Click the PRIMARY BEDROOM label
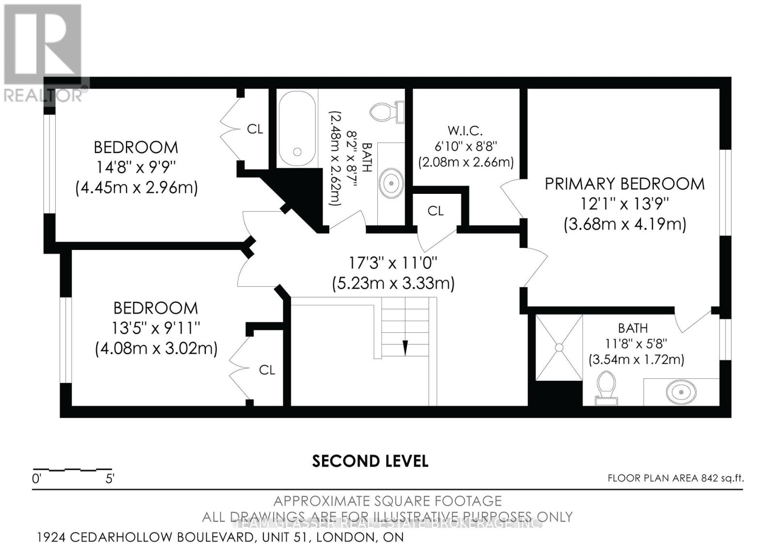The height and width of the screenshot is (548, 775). pyautogui.click(x=624, y=184)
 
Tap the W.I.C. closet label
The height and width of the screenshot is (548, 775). pyautogui.click(x=465, y=130)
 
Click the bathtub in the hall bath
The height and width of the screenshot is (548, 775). pyautogui.click(x=297, y=127)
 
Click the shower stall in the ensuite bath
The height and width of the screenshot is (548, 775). pyautogui.click(x=558, y=347)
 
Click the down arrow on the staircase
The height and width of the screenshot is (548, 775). pyautogui.click(x=405, y=347)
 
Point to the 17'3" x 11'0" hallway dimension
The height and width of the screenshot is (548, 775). pyautogui.click(x=393, y=263)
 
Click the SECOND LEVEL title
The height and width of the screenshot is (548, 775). pyautogui.click(x=370, y=461)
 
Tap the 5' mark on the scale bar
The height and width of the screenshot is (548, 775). pyautogui.click(x=110, y=479)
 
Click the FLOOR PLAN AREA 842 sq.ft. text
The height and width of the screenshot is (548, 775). pyautogui.click(x=675, y=478)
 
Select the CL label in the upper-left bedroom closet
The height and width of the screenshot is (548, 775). pyautogui.click(x=255, y=129)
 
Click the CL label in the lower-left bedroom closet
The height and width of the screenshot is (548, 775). pyautogui.click(x=267, y=370)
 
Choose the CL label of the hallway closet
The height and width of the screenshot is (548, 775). pyautogui.click(x=435, y=211)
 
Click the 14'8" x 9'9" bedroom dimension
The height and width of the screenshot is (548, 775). pyautogui.click(x=136, y=167)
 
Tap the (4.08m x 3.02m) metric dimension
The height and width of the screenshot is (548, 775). pyautogui.click(x=156, y=348)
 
